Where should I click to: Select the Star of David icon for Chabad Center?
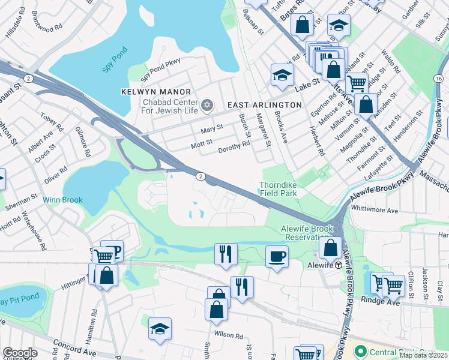207,106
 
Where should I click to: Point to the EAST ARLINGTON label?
264,105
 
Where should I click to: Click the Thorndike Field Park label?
279,189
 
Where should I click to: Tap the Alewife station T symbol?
338,265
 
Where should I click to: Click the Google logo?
20,353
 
